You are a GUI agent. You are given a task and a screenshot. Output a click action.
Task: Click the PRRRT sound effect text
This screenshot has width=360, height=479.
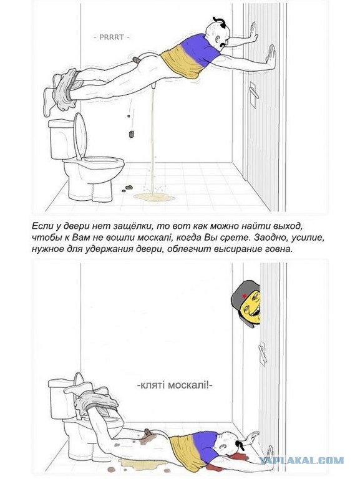coord(111,37)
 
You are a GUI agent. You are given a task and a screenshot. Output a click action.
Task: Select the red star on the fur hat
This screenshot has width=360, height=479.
coord(244,296)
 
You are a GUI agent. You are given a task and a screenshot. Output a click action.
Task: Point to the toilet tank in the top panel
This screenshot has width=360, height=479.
coord(62,139)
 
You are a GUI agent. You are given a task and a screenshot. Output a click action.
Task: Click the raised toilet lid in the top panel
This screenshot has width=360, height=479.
coord(80,135)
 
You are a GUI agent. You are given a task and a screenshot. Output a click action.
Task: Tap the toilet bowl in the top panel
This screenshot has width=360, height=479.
coord(93,178)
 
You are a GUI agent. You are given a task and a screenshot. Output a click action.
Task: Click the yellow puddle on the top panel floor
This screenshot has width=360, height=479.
coord(154,197)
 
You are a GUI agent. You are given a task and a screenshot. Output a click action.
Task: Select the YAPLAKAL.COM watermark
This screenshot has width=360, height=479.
coord(301,460)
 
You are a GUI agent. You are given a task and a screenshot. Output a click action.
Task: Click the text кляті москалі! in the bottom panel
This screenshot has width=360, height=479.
coord(175,385)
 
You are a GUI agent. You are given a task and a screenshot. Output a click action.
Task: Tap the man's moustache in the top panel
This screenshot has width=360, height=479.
coord(223,45)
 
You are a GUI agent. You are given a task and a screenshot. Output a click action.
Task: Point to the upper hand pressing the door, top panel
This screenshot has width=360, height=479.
coord(253,32)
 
